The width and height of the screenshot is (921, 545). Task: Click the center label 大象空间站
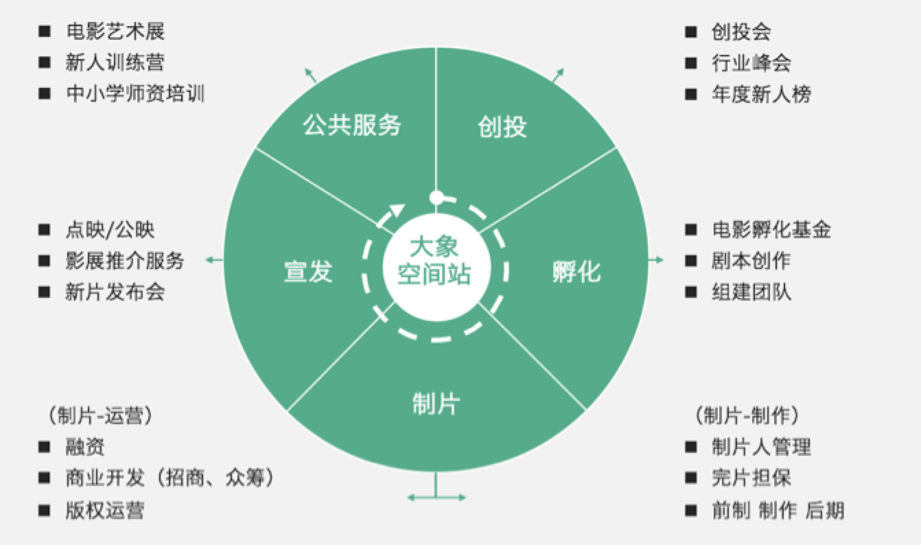434,261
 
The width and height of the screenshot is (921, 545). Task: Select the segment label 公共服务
352,126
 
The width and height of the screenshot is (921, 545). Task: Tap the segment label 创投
502,127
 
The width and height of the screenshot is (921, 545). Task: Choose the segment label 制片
436,404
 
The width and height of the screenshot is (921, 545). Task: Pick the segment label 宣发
308,272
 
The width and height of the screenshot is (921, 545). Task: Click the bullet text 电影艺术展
115,32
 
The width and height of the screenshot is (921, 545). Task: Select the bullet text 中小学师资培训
135,94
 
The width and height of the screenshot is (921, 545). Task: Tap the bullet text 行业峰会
751,63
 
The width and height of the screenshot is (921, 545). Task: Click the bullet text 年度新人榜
761,94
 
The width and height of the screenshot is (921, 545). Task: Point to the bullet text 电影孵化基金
771,230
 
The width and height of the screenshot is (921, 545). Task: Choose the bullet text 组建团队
751,292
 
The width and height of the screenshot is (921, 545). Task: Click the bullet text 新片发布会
115,292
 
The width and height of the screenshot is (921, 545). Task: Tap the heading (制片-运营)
100,417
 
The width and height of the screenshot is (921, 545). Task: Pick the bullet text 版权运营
105,510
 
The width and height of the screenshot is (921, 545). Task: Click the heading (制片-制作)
747,417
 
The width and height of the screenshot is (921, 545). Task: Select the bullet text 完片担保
751,478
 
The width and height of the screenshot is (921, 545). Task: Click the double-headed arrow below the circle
436,496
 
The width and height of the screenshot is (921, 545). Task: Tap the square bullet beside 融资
45,448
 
